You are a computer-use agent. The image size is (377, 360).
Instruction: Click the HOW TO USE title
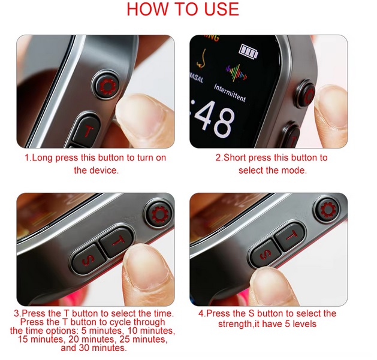pyautogui.click(x=183, y=10)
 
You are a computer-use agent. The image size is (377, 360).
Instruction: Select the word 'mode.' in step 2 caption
pyautogui.click(x=294, y=170)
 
